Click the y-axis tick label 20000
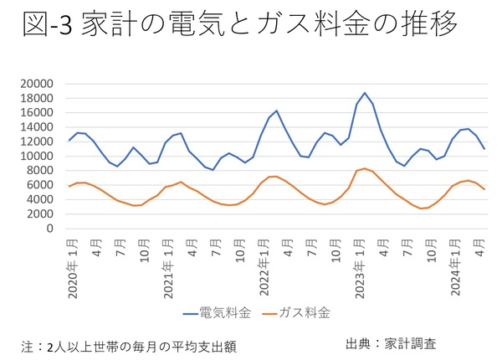(38, 84)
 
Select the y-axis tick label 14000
(38, 127)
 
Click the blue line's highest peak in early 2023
(364, 93)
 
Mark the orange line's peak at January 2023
(364, 168)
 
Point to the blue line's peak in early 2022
(276, 111)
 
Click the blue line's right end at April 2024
(484, 149)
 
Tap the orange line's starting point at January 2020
(69, 186)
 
